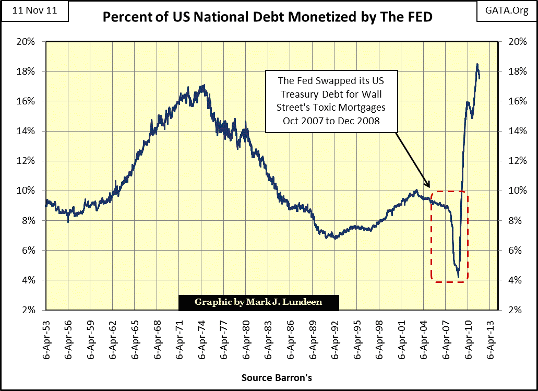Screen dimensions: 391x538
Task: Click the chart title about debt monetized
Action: coord(269,17)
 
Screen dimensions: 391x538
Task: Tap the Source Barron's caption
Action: coord(277,377)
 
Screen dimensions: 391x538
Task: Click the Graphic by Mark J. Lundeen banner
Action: coord(259,302)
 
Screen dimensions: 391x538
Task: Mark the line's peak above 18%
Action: coord(477,64)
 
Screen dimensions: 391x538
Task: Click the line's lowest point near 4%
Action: coord(458,277)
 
